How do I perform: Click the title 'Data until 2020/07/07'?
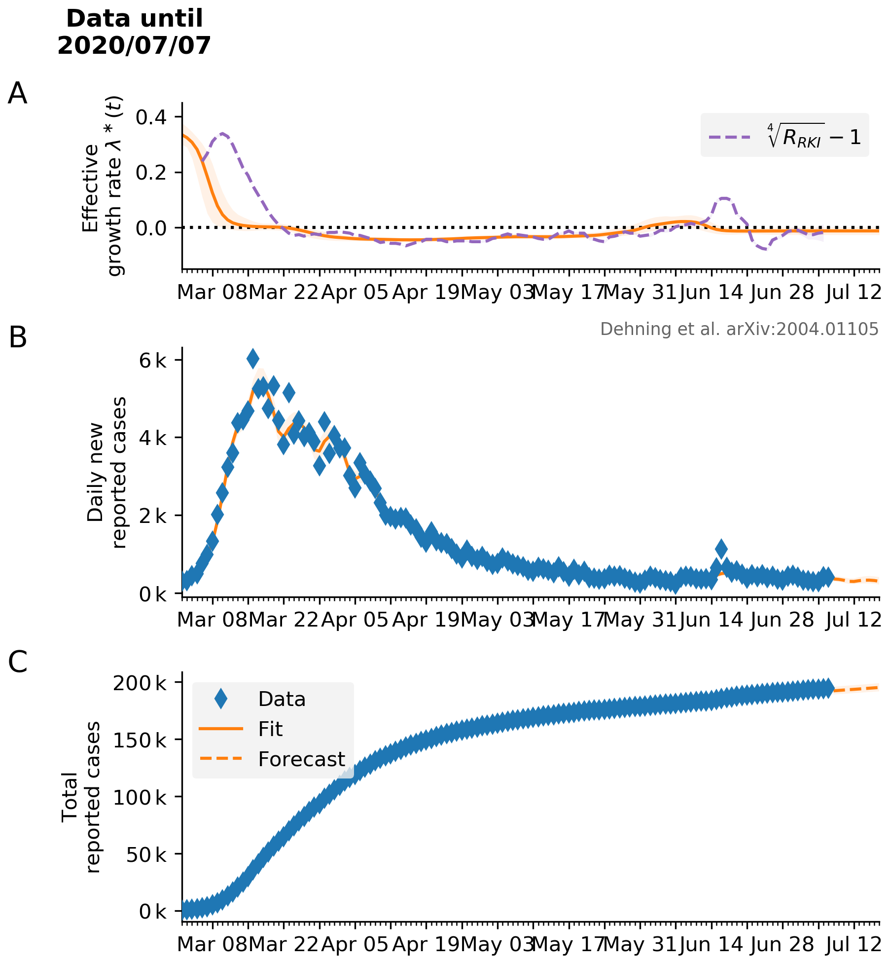[x=134, y=32]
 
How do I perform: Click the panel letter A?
[x=17, y=93]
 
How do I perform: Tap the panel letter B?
[x=18, y=338]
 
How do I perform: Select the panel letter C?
[x=18, y=662]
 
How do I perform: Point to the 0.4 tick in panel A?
[x=152, y=117]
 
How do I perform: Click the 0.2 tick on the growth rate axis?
[x=152, y=173]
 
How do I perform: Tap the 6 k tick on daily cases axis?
[x=153, y=361]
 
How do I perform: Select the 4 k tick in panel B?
[x=153, y=438]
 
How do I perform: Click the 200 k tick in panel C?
[x=140, y=683]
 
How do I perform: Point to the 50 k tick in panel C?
[x=146, y=854]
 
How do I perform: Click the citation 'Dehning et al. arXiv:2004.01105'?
[x=739, y=329]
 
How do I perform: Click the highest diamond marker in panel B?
[x=252, y=359]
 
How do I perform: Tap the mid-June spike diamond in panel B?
[x=721, y=548]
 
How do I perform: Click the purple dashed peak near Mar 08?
[x=222, y=134]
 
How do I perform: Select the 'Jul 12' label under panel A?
[x=854, y=293]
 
